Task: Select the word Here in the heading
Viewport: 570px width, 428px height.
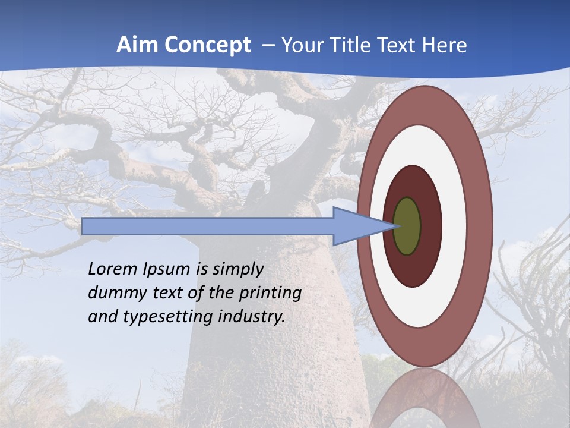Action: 444,45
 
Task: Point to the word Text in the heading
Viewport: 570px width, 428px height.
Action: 400,45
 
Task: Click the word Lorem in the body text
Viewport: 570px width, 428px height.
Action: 113,269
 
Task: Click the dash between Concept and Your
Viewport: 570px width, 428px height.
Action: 267,45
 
